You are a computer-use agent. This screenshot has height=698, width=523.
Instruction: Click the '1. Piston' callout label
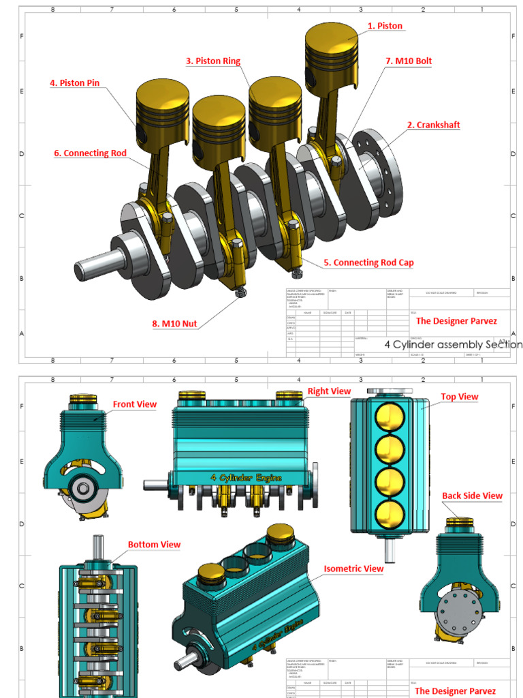point(385,26)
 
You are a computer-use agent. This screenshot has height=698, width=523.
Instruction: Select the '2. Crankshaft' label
point(433,125)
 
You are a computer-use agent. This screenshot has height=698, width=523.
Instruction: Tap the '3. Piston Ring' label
point(212,61)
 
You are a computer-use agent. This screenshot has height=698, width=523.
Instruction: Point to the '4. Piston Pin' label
point(74,82)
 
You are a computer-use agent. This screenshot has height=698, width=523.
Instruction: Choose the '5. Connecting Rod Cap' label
point(368,262)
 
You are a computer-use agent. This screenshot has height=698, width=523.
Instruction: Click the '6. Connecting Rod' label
point(90,153)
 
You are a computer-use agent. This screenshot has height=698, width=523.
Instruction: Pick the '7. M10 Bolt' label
point(409,61)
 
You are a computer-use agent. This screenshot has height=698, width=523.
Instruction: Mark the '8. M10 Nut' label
point(174,324)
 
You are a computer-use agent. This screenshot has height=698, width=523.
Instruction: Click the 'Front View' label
point(135,404)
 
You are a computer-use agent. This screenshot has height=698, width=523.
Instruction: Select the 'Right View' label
point(329,391)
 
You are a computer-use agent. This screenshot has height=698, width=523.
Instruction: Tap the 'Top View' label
point(459,397)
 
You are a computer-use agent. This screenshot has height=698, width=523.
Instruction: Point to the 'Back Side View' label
point(472,496)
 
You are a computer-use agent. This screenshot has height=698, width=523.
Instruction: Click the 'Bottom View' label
point(154,544)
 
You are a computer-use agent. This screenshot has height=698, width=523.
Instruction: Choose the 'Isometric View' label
point(353,568)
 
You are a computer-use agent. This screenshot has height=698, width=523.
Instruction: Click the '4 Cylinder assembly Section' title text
point(453,344)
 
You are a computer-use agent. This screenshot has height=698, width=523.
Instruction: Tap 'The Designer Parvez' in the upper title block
point(456,321)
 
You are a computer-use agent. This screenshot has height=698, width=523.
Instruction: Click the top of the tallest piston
point(331,37)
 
